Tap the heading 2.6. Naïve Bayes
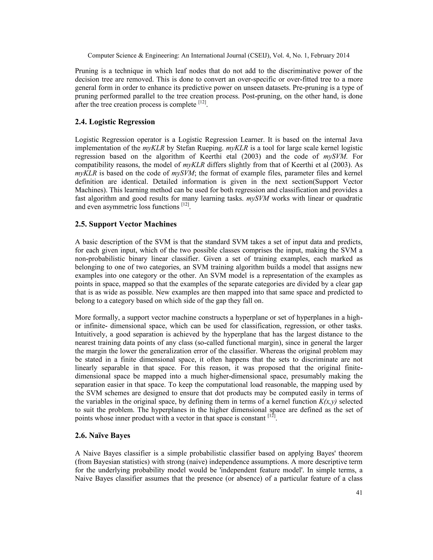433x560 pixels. pyautogui.click(x=102, y=436)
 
